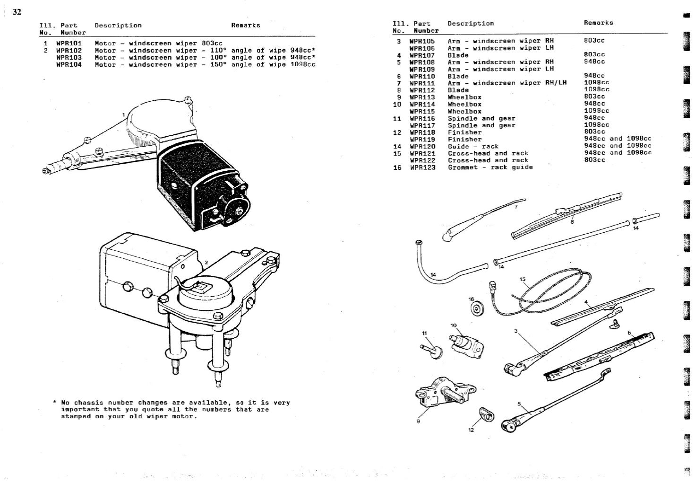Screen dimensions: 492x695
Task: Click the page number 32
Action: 17,12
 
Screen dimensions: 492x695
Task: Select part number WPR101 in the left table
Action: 69,43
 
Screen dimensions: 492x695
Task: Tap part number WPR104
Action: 69,64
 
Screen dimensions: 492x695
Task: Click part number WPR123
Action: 422,167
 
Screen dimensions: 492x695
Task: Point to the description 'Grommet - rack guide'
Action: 490,167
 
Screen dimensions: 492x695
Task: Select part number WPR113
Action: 422,97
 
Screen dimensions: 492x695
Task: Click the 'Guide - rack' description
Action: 473,146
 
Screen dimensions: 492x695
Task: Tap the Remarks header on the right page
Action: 598,23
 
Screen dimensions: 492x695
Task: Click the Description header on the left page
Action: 118,26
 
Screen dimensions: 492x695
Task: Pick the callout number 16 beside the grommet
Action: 471,299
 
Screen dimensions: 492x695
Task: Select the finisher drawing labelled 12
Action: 487,415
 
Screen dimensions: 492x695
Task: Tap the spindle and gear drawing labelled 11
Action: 430,351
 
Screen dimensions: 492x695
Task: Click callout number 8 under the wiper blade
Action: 572,221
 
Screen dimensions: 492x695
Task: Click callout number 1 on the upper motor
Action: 123,114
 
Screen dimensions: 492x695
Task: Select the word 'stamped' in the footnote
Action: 74,416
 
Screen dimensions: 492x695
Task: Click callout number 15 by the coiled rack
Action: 522,279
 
